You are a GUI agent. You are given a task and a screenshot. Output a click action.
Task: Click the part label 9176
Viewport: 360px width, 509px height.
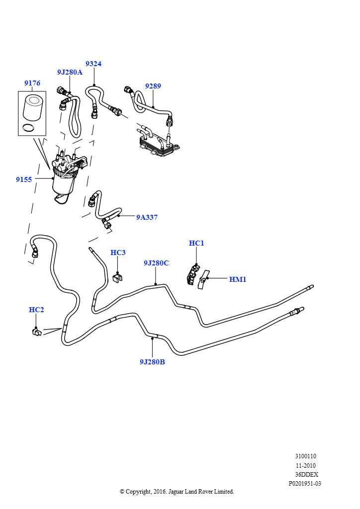[32, 83]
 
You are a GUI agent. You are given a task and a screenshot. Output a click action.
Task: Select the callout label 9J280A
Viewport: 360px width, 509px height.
[70, 72]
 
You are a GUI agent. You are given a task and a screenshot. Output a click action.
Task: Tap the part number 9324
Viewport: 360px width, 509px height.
[93, 64]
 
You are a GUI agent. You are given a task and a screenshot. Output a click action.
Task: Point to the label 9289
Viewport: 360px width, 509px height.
[153, 86]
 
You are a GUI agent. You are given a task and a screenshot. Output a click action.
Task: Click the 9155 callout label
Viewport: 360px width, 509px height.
[24, 179]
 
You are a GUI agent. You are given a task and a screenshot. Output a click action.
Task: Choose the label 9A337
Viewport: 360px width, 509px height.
[147, 218]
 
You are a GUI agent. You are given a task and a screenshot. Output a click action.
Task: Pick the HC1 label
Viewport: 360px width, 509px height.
[196, 243]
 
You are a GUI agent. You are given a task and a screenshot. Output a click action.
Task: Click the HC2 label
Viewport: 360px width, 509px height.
[36, 310]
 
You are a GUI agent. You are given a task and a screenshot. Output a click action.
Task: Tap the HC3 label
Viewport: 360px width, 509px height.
[118, 253]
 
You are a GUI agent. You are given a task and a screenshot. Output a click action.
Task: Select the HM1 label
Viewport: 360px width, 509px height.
[238, 279]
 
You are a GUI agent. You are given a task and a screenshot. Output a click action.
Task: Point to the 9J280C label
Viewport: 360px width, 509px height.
[156, 263]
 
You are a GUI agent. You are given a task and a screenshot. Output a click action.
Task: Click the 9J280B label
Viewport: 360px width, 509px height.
[152, 362]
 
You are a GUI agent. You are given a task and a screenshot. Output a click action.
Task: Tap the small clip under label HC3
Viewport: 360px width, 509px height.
[117, 277]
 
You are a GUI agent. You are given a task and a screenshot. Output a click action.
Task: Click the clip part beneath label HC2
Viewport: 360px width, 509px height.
[37, 332]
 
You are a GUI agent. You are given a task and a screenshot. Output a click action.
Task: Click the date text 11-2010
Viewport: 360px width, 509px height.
[305, 465]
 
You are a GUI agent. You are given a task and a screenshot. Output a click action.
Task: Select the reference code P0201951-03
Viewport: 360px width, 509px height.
[305, 484]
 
